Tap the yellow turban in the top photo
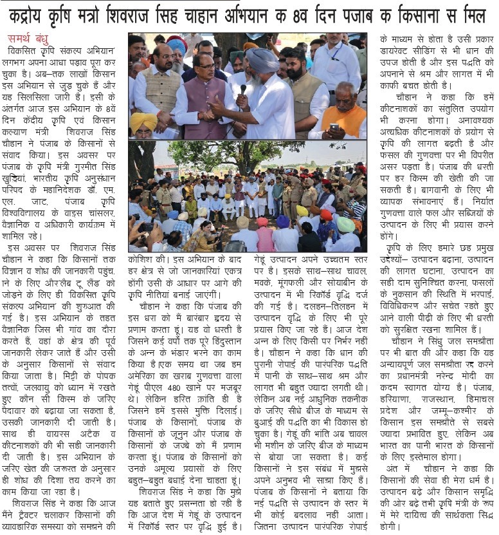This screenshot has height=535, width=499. [143, 122]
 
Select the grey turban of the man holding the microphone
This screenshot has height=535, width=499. [264, 61]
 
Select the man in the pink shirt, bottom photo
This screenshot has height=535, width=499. [264, 238]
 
